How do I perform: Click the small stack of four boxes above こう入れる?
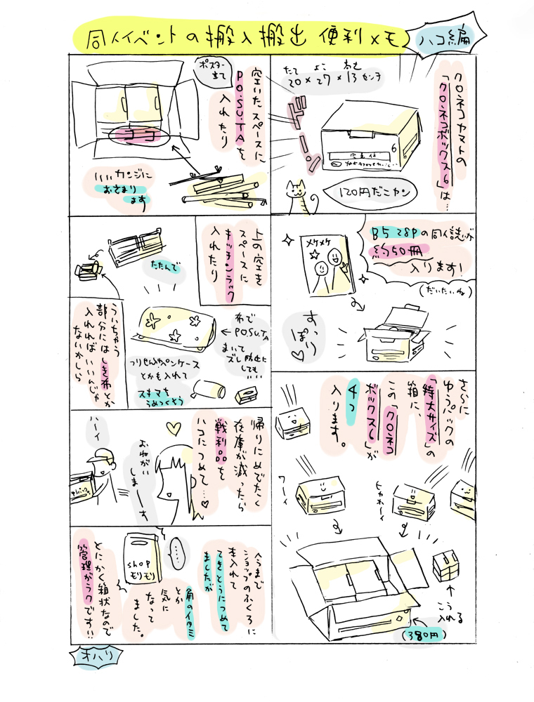[448, 563]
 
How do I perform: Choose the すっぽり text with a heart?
[303, 333]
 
